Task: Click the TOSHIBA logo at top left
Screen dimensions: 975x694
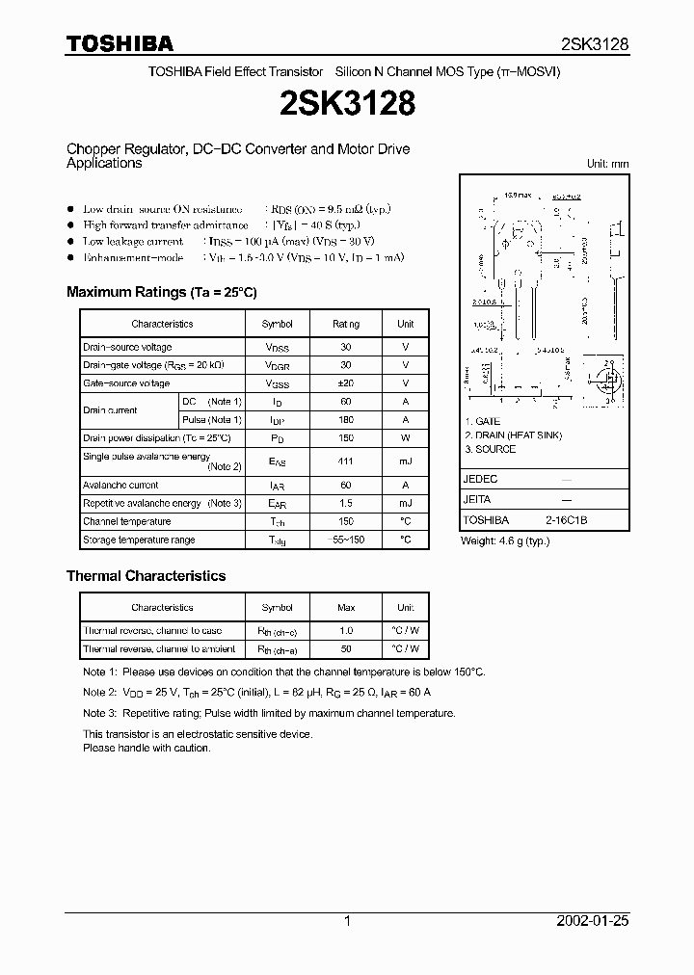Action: point(120,43)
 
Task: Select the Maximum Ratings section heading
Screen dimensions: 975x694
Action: point(161,292)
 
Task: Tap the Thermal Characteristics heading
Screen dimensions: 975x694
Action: point(146,576)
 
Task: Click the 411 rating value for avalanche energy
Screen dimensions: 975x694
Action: point(346,462)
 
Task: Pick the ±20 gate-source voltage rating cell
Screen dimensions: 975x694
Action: point(346,383)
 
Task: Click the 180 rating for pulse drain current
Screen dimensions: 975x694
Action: point(346,420)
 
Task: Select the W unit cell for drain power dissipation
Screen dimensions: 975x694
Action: point(406,438)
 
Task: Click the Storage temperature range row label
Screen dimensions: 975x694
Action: point(139,540)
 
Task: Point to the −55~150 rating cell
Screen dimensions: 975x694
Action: point(346,540)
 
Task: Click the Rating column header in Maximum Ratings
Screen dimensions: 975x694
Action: point(346,325)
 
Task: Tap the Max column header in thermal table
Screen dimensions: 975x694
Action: point(346,608)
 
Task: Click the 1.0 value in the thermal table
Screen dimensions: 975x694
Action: point(346,631)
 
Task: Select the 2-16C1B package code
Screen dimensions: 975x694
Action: point(566,520)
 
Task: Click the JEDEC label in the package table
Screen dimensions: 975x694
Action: point(480,479)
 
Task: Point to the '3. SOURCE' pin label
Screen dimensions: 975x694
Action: point(490,449)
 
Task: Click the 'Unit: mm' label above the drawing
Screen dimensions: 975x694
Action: point(607,165)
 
